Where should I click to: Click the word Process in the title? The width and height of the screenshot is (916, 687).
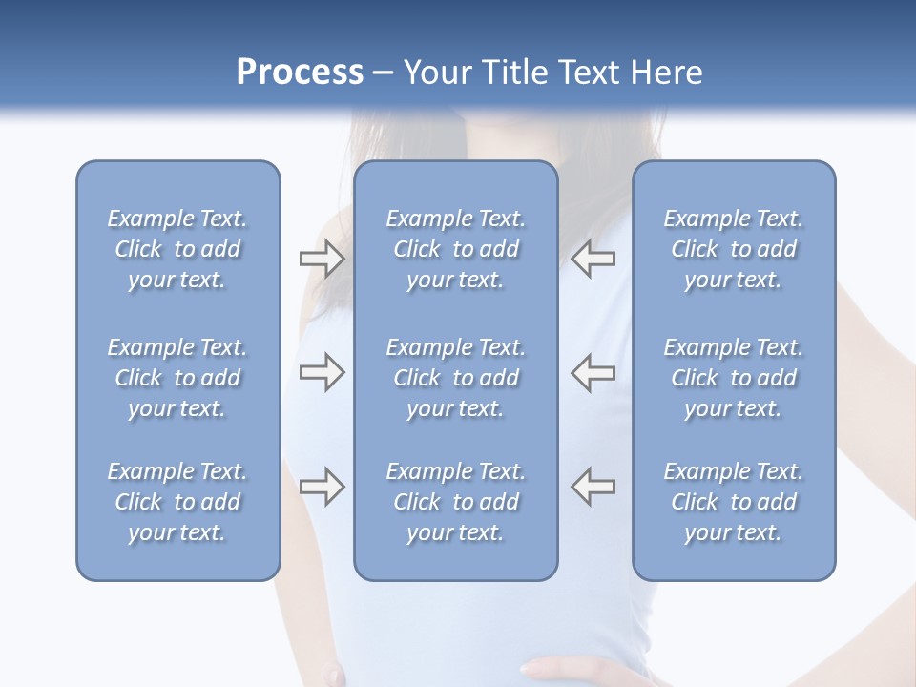tap(300, 73)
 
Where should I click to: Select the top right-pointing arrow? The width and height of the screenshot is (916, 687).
tap(322, 259)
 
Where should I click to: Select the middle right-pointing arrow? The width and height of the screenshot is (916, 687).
tap(322, 372)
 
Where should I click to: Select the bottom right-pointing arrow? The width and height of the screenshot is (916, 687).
tap(322, 487)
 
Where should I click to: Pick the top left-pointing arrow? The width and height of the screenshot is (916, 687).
tap(593, 259)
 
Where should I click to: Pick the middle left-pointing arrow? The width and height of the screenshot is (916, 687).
tap(593, 372)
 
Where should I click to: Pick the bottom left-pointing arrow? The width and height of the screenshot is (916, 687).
tap(593, 487)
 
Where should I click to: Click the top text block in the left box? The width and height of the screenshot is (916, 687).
tap(177, 249)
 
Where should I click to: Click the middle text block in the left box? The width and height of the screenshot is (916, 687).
tap(177, 378)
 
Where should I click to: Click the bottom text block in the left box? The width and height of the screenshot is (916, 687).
tap(177, 502)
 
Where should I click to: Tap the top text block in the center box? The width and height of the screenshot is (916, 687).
tap(455, 249)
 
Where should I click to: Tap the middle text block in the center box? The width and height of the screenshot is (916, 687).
tap(455, 378)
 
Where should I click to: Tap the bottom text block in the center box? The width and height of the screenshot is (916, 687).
tap(455, 502)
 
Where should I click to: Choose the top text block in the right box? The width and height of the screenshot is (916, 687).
tap(733, 249)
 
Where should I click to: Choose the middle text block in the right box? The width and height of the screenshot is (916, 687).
tap(733, 378)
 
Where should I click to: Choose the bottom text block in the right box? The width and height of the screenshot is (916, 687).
tap(733, 502)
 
